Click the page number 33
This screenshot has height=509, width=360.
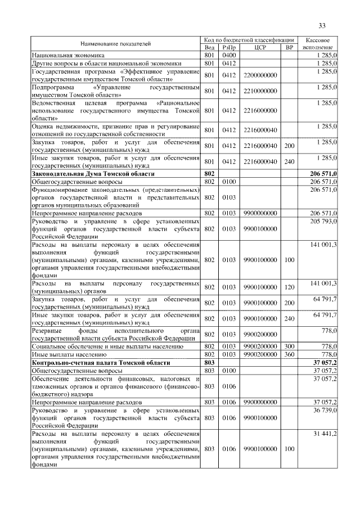point(322,26)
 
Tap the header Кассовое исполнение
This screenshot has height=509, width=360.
point(318,44)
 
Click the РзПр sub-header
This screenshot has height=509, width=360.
point(229,48)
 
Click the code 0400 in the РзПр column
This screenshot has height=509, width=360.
point(229,56)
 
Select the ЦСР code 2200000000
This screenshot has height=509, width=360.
point(260,75)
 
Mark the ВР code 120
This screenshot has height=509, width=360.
point(290,287)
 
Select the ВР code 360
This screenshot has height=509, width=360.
point(290,355)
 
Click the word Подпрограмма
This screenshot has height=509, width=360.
point(53,88)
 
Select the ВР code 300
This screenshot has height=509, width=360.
point(290,347)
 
